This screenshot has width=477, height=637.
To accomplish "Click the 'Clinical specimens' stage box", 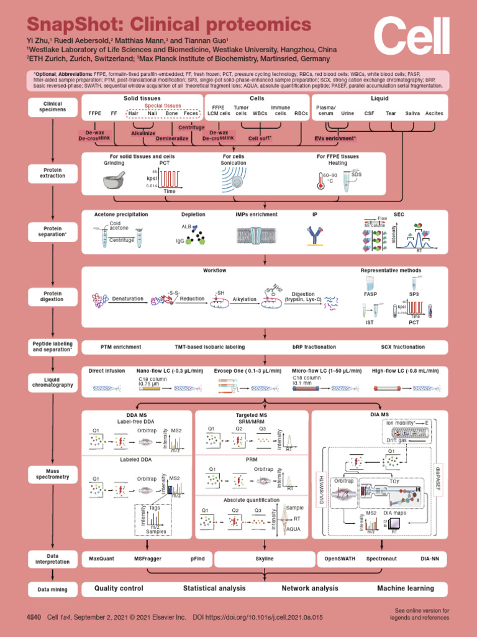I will coord(52,107).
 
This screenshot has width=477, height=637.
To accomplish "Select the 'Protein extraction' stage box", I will coord(52,172).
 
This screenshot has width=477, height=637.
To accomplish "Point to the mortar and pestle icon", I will coord(114,180).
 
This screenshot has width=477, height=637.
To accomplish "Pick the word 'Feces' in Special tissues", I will coord(191,114).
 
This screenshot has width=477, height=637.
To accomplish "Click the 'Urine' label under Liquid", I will coord(348,114).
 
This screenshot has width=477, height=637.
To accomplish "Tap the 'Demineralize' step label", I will coord(172,138).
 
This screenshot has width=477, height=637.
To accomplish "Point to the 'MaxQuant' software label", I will coord(101,559).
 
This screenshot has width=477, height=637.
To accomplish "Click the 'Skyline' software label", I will coord(265,559).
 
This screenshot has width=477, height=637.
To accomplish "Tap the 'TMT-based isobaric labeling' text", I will coord(209,346).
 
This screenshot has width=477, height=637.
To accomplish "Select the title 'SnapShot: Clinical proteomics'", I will coord(168,25).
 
